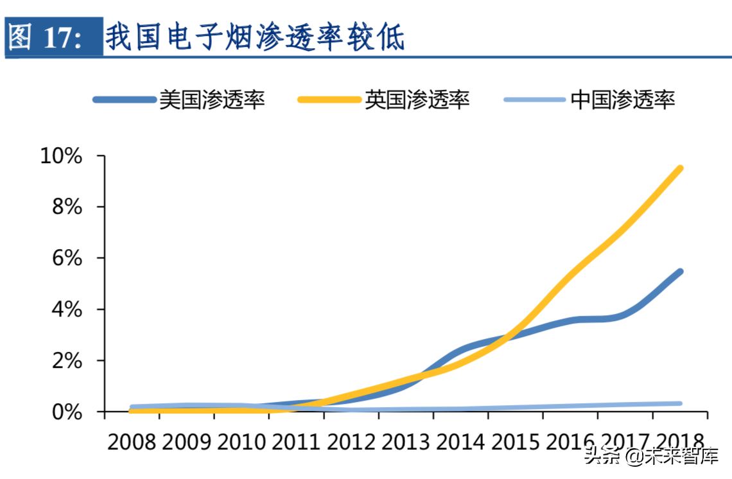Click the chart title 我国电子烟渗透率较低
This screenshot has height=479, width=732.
coord(255,37)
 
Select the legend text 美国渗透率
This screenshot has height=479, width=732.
coord(212,100)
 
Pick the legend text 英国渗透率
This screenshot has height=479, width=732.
coord(417,100)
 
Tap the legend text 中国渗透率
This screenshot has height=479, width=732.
coord(623,100)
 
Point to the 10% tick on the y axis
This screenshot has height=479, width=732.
coord(61,156)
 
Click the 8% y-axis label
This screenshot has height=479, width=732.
coord(67,207)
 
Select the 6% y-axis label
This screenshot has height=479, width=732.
coord(67,258)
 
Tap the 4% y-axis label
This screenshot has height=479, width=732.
coord(67,309)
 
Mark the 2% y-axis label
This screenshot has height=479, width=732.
coord(67,361)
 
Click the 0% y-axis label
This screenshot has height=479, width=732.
coord(67,412)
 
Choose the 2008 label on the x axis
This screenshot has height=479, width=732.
coord(132,442)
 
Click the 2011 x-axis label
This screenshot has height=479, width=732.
coord(296,442)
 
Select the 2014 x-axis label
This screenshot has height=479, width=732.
coord(460,442)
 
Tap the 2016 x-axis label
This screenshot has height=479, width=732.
coord(570,442)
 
